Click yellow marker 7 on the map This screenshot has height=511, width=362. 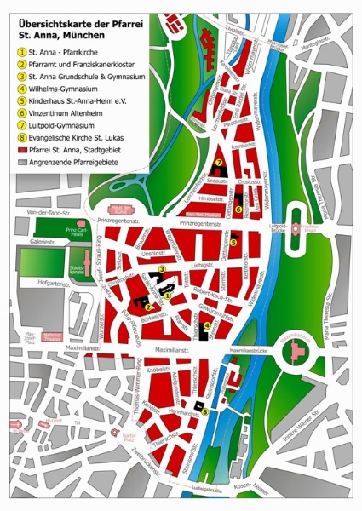click(x=219, y=162)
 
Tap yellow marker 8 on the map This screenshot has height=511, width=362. click(x=204, y=411)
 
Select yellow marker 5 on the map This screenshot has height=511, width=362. click(x=233, y=241)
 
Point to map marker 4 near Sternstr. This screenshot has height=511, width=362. click(x=206, y=324)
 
